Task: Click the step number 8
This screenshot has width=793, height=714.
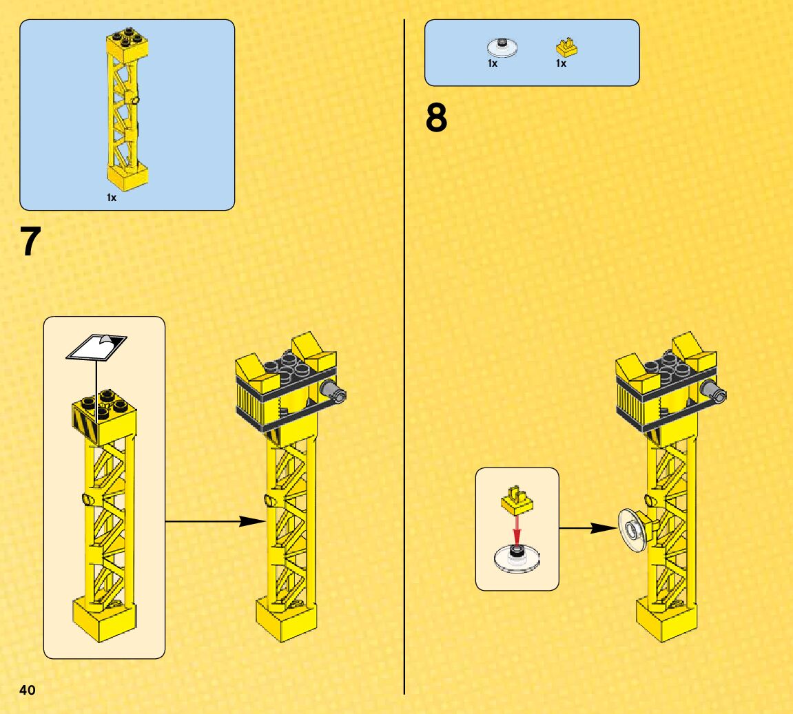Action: [x=436, y=118]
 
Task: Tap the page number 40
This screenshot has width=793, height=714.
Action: [x=28, y=691]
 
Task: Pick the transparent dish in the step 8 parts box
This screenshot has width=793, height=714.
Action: [x=502, y=47]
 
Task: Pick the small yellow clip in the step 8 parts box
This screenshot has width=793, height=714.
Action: [x=566, y=48]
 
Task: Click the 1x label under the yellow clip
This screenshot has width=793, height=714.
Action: [x=561, y=63]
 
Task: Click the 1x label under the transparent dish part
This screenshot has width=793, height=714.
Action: [x=492, y=63]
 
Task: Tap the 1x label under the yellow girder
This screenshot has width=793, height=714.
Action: [x=112, y=198]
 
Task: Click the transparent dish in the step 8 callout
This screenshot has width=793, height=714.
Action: [x=516, y=557]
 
